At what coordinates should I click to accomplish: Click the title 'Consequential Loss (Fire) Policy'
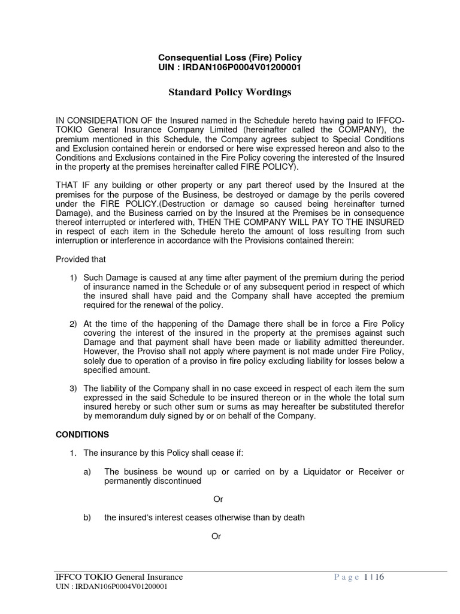(229, 58)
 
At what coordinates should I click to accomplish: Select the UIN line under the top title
(229, 67)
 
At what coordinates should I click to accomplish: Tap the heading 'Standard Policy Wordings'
(229, 92)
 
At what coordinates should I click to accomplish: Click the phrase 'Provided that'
(80, 260)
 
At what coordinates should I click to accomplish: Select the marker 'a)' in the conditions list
(87, 472)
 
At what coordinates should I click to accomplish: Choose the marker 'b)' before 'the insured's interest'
(87, 517)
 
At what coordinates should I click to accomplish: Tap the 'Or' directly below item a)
(219, 499)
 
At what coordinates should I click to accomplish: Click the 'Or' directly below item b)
(216, 536)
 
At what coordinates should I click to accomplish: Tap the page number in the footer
(371, 577)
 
